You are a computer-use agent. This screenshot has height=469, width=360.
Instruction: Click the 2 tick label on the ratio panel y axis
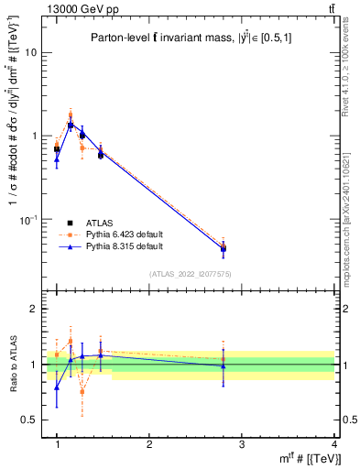pos(34,309)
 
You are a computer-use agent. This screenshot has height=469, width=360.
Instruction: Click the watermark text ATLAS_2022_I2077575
pos(195,273)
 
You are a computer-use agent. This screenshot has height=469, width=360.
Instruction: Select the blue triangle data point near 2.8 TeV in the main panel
pos(223,248)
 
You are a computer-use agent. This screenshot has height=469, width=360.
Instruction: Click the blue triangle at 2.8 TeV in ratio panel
pos(223,365)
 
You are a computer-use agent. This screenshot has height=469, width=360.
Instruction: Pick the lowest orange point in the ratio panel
pos(82,391)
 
